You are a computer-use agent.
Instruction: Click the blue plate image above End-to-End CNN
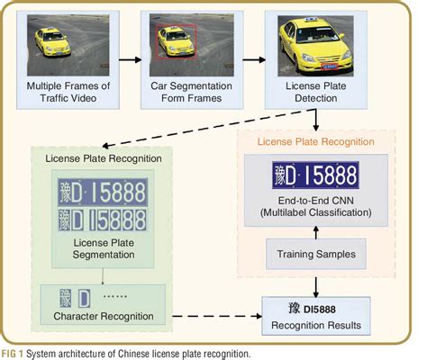(x=316, y=174)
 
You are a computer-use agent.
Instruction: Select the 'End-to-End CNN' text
(x=315, y=201)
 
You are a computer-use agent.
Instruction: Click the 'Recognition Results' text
(x=315, y=323)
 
